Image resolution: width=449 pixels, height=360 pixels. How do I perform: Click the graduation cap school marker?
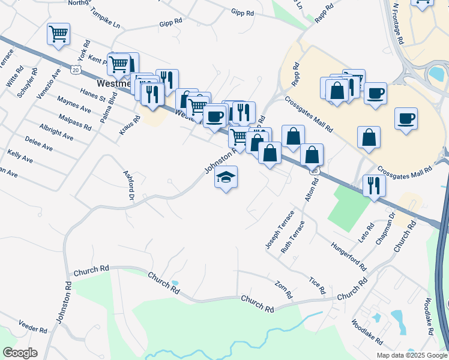[226, 177]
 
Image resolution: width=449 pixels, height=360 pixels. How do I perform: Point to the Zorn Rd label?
[283, 290]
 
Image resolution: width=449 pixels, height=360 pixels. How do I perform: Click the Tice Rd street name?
[316, 285]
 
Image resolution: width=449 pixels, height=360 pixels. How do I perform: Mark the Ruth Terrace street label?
[292, 235]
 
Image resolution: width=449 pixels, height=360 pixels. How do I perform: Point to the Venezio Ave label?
[48, 85]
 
